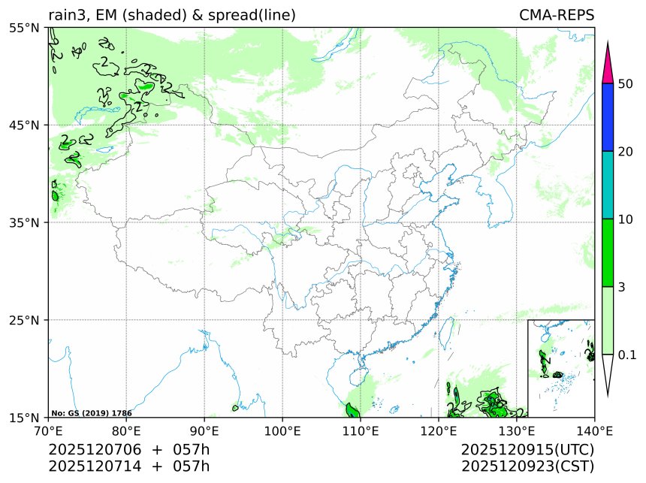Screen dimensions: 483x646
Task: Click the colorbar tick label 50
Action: click(x=625, y=83)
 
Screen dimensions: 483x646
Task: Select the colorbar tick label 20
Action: click(x=625, y=152)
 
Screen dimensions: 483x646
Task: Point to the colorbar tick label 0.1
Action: click(x=626, y=355)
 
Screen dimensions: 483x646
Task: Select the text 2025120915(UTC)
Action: click(x=527, y=449)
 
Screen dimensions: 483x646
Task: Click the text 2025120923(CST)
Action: click(x=527, y=466)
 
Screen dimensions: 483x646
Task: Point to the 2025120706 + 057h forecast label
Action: click(x=128, y=449)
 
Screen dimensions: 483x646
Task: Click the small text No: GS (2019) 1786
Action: click(x=92, y=413)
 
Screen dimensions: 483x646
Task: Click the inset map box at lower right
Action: click(x=561, y=368)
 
